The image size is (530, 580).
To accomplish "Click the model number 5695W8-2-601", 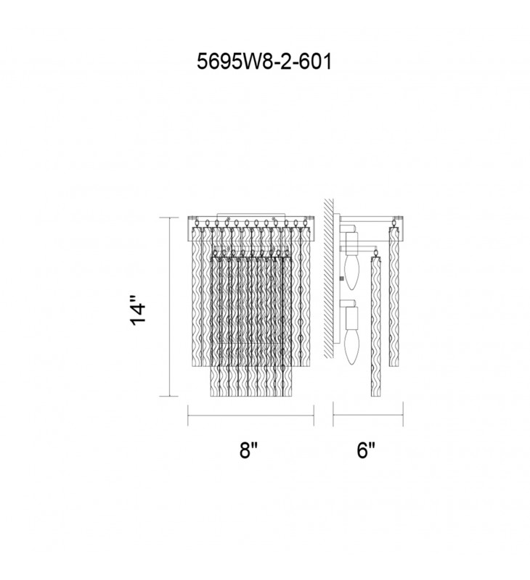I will (x=264, y=62).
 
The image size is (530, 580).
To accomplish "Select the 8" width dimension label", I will (x=249, y=450).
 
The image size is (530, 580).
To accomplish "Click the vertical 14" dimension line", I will (x=170, y=308).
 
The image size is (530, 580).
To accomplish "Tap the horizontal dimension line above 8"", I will (x=250, y=415).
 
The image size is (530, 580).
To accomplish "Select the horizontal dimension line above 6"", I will (x=368, y=415).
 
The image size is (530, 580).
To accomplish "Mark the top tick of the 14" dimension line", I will (x=170, y=217).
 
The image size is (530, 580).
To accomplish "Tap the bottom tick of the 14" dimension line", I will (x=170, y=397).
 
